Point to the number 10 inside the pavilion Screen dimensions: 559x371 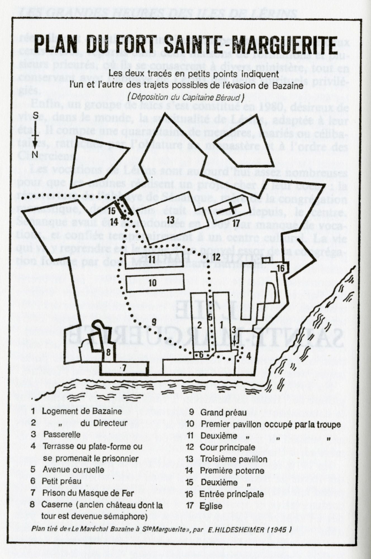152,283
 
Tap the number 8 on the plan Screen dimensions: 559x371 109,352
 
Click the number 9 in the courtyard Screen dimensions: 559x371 154,322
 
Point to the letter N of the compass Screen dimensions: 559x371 35,154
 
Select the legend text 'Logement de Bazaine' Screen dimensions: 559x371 82,411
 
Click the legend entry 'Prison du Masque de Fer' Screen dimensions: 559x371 88,493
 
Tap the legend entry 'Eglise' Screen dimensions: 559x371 211,506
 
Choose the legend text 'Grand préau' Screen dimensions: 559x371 223,412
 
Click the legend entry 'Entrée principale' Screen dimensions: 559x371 231,494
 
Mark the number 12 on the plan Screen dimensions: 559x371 216,257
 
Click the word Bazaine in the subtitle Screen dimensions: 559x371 289,85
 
